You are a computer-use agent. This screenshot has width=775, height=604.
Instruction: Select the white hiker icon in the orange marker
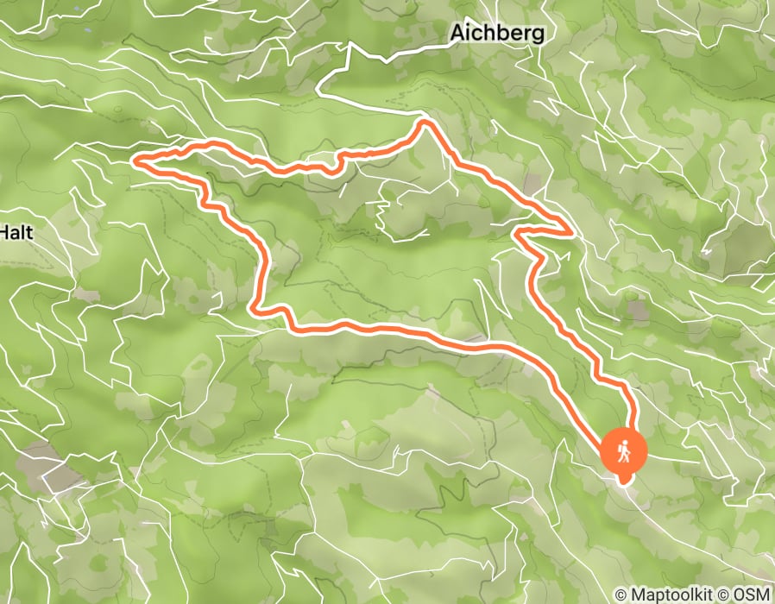point(623,450)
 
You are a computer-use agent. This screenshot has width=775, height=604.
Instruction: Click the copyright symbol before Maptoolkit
point(621,595)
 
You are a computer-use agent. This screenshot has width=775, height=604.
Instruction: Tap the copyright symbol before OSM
point(723,595)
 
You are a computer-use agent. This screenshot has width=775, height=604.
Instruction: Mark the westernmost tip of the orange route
point(134,160)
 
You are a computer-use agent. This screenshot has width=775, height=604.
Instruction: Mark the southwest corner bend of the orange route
point(254,307)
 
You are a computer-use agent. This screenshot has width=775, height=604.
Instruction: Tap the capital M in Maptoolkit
point(637,595)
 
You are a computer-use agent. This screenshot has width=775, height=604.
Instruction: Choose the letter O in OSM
point(737,595)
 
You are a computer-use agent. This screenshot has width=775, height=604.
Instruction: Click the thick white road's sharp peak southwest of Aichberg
point(349,47)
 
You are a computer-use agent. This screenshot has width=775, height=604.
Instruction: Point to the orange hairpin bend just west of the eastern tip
point(516,230)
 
